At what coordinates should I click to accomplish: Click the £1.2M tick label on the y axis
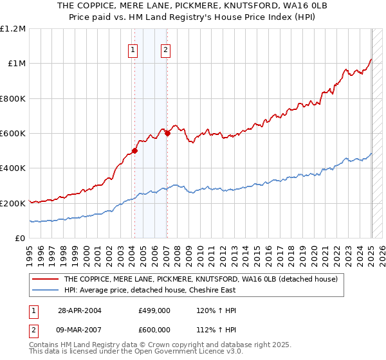(x=13, y=28)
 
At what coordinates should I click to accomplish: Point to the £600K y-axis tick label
(x=13, y=134)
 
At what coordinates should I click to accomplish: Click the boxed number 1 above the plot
(x=133, y=50)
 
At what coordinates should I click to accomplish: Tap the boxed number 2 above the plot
(x=165, y=50)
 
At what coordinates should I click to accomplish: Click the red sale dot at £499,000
(x=135, y=151)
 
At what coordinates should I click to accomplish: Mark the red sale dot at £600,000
(x=167, y=134)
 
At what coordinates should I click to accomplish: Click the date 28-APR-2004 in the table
(x=80, y=310)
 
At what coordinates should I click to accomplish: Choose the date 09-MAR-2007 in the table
(x=80, y=330)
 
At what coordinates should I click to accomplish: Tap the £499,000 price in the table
(x=154, y=310)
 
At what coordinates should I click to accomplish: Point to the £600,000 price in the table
(x=154, y=330)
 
